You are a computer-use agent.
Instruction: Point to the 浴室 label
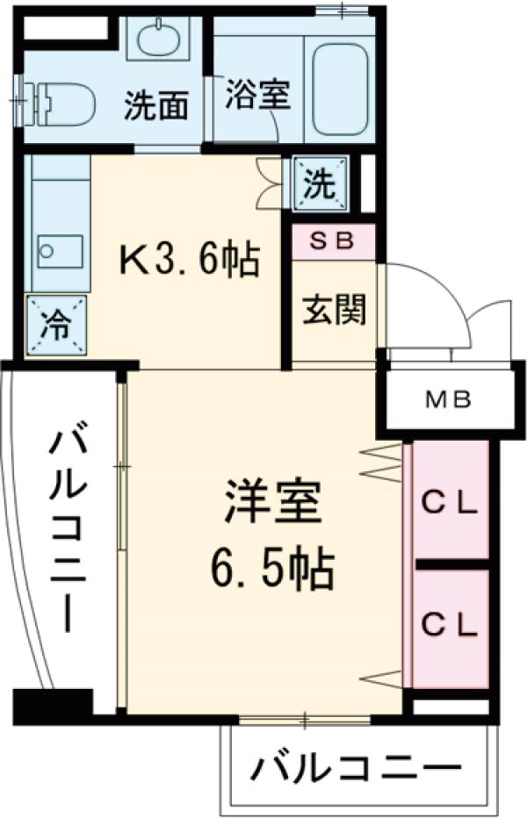(257, 94)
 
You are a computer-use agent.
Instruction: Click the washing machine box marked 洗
(320, 183)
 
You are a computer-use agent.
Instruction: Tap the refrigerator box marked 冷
(54, 326)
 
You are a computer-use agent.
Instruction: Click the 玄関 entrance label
(334, 310)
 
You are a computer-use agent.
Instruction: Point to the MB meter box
(449, 401)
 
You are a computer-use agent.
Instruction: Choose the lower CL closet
(449, 624)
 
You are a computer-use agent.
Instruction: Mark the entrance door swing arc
(430, 290)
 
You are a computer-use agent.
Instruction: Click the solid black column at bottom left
(53, 704)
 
